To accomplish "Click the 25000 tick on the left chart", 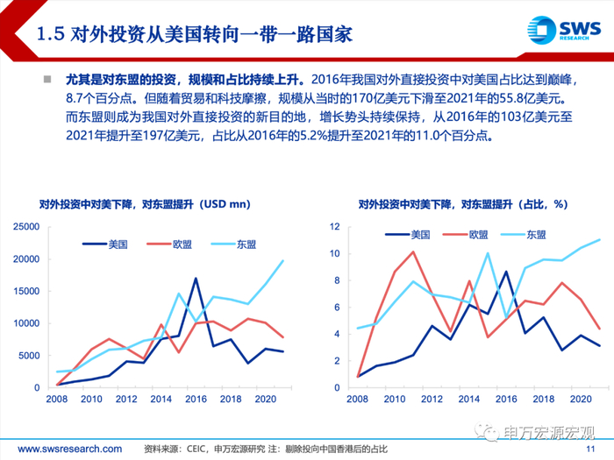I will [25, 227].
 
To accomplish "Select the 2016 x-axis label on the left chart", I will [195, 400].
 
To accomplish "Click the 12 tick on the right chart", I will [334, 227].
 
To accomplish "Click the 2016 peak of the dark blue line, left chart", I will [195, 279].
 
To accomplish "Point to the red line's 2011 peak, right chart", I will [412, 252].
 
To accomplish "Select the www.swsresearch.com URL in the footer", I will [61, 449].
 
